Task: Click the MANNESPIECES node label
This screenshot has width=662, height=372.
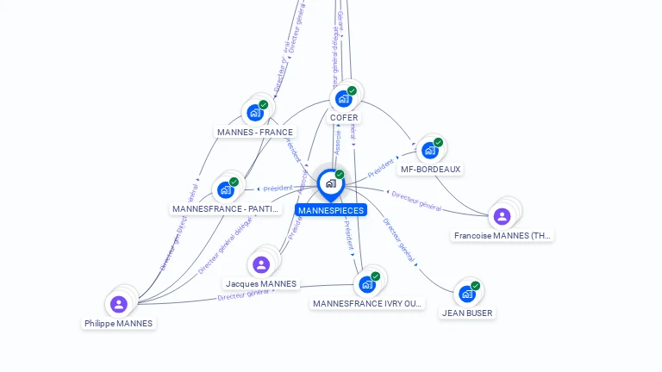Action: click(x=331, y=210)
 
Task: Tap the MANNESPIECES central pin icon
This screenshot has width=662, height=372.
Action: click(x=330, y=183)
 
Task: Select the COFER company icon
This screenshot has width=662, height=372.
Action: click(x=344, y=99)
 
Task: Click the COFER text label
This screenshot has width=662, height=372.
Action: click(x=344, y=118)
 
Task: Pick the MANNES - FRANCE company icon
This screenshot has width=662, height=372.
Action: click(x=255, y=113)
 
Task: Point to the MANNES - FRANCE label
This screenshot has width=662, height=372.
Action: click(x=255, y=133)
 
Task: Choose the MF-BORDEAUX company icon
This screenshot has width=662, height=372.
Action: click(x=429, y=151)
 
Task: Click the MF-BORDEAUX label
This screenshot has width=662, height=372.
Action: click(x=430, y=170)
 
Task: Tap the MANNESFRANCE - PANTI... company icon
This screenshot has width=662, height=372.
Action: click(x=226, y=190)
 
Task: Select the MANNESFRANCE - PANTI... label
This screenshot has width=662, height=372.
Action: click(x=226, y=209)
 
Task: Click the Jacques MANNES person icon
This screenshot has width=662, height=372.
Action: click(x=261, y=264)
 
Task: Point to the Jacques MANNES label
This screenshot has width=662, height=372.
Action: click(x=261, y=284)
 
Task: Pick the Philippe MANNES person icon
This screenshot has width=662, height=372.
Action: click(x=119, y=304)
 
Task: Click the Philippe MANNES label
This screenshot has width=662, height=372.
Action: click(x=119, y=324)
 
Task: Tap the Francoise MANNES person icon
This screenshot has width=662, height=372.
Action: click(x=503, y=216)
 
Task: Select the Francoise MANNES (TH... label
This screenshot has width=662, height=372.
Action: click(x=503, y=236)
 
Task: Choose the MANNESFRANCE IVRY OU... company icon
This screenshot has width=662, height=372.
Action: click(x=367, y=284)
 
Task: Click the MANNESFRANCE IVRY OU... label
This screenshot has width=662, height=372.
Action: click(x=368, y=304)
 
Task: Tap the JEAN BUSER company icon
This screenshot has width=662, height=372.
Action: click(x=467, y=294)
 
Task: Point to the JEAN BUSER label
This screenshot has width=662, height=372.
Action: click(x=467, y=313)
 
